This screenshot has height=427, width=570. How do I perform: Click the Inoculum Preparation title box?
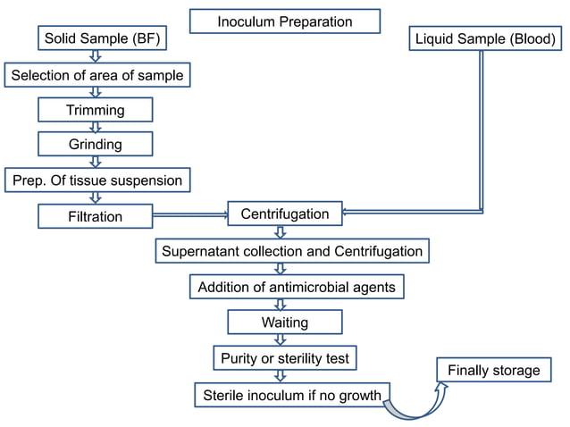coord(285,21)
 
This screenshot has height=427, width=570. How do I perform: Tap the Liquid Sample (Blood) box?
coord(486,39)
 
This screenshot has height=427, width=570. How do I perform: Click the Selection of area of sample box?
coord(97,75)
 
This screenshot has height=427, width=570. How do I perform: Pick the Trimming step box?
coord(95,110)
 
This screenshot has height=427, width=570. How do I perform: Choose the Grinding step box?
coord(95,144)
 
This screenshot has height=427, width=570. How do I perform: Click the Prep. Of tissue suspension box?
coord(97,180)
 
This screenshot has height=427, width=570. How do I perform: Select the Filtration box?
coord(95,216)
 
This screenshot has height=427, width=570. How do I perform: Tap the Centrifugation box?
coord(285,214)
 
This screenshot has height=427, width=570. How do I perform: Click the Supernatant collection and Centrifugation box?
coord(291,251)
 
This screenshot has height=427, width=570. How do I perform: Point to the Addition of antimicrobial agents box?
coord(296,287)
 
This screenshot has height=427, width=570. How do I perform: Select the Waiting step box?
coord(285,322)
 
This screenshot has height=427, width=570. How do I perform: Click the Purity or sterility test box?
coord(285,359)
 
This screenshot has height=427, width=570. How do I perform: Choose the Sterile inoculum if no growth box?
coord(292,395)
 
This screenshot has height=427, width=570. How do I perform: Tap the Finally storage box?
coord(493,370)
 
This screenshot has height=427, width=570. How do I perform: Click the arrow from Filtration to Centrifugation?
coord(189,215)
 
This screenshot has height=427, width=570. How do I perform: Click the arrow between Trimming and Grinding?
coord(96,127)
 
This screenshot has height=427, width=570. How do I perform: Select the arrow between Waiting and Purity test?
coord(281,340)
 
